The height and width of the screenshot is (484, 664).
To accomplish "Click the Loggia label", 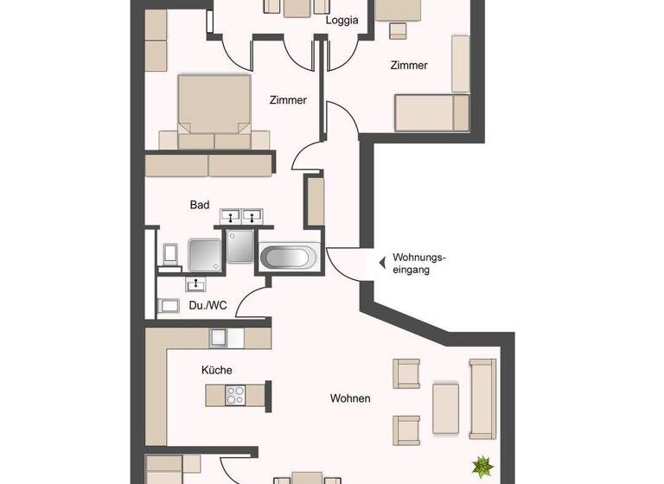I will (342, 21).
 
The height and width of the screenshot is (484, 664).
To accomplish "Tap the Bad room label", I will (200, 205).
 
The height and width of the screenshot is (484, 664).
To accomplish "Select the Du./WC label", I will (207, 305).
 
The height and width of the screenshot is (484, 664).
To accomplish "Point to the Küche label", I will (216, 370).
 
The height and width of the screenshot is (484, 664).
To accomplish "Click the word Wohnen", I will (350, 398).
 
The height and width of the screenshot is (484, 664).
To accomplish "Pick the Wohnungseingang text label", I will (418, 263).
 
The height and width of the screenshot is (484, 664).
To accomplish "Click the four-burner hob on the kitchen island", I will (236, 395).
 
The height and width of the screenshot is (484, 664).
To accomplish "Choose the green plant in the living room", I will (482, 468).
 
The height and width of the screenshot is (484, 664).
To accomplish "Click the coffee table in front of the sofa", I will (446, 408).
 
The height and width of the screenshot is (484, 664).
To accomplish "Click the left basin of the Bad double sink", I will (231, 215).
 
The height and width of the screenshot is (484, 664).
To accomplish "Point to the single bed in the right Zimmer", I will (431, 112).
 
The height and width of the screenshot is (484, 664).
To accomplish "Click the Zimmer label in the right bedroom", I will (408, 66).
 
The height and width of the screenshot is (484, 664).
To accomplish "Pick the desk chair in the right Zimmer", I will (398, 30).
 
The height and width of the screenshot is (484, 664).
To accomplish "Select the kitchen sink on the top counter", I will (217, 337).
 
